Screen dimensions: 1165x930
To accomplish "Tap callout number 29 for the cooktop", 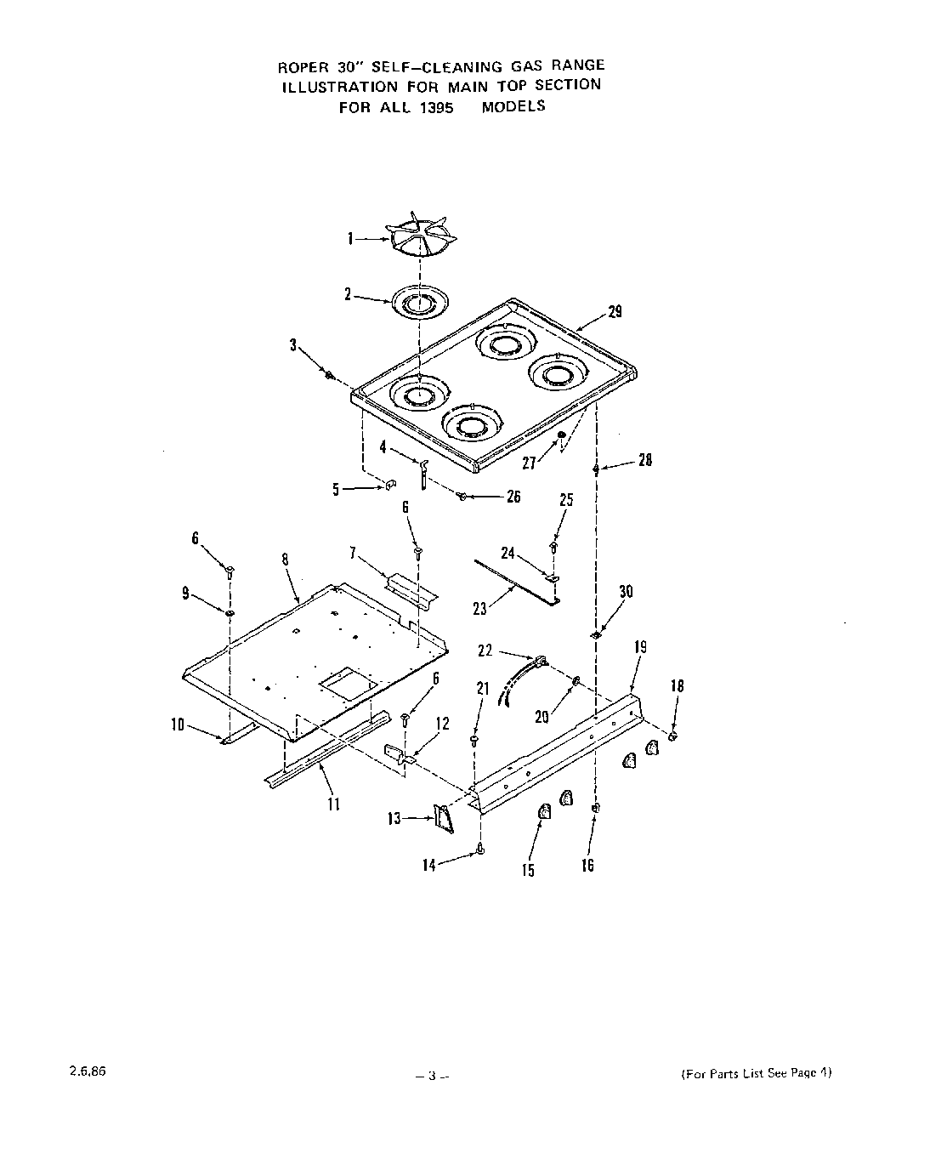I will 615,312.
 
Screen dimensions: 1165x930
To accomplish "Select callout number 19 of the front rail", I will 640,647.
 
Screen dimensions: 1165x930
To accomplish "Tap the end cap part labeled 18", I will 672,736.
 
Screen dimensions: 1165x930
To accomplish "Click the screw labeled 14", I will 481,848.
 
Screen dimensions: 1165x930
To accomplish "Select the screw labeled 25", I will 553,545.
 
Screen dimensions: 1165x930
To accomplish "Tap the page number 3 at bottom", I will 432,1076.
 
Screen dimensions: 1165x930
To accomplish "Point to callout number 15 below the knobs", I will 529,871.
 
